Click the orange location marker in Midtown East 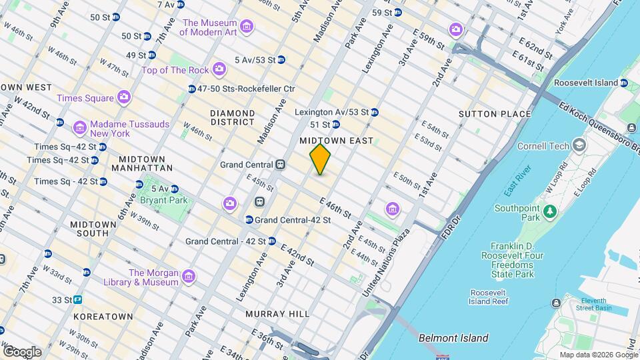point(321,159)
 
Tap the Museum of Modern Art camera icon point(247,27)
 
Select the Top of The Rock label point(175,69)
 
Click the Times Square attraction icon point(123,98)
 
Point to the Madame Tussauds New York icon point(80,127)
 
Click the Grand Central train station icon point(281,165)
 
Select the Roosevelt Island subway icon point(624,83)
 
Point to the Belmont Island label point(453,338)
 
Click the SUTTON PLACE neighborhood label point(495,114)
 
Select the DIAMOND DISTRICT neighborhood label point(232,117)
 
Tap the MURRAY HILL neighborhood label point(277,313)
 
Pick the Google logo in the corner point(22,351)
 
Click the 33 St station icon point(78,300)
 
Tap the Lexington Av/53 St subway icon point(375,112)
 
